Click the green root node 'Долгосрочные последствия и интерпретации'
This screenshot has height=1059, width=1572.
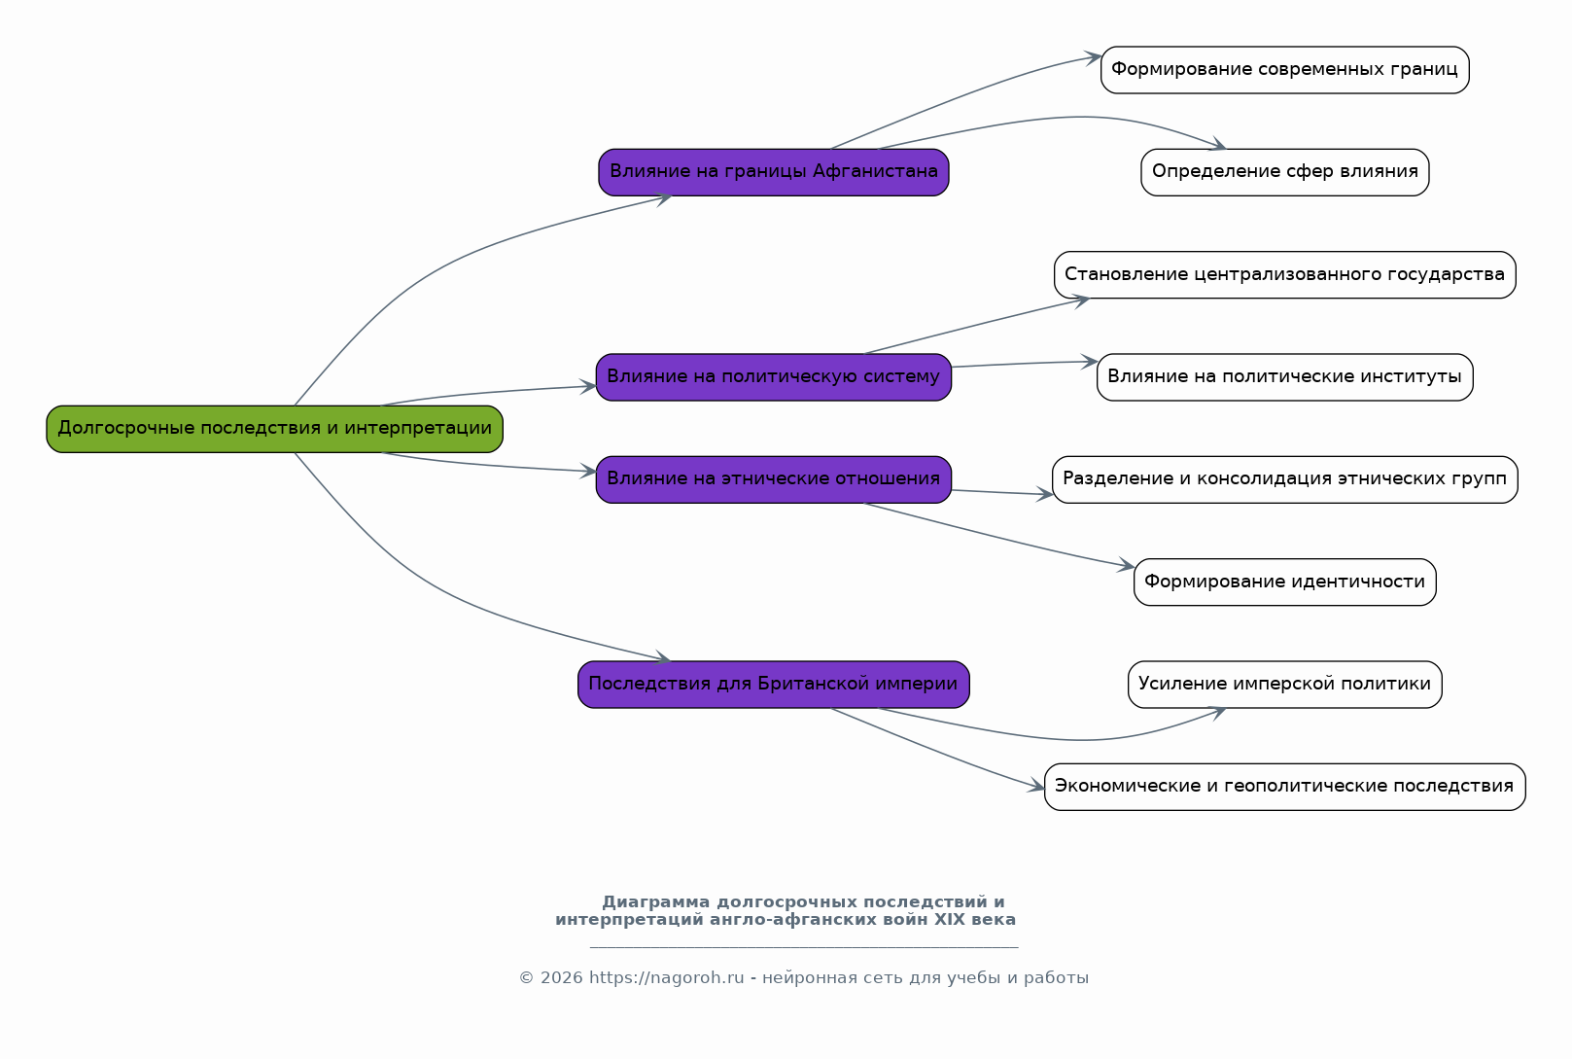(x=274, y=429)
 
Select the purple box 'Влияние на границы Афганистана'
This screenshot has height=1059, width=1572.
(x=774, y=172)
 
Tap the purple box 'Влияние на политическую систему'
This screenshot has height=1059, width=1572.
(x=774, y=377)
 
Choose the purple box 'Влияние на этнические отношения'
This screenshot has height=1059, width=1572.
(x=774, y=479)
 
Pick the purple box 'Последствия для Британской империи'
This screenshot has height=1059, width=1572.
(x=774, y=685)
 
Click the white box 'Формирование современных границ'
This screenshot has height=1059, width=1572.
(x=1284, y=69)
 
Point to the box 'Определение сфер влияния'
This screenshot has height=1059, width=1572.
(x=1284, y=172)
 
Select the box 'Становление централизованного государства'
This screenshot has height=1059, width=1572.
(x=1284, y=274)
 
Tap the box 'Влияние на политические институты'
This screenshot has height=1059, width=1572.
(x=1284, y=377)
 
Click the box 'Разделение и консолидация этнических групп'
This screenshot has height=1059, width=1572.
(x=1284, y=479)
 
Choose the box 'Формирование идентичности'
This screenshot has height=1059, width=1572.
(x=1284, y=582)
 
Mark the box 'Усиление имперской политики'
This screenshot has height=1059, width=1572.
(x=1284, y=685)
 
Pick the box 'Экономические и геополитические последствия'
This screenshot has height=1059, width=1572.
(x=1284, y=787)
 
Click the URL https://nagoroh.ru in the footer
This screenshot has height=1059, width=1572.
(x=666, y=977)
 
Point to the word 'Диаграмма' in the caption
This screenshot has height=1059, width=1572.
(x=655, y=901)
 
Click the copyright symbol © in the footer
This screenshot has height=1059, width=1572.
(x=526, y=977)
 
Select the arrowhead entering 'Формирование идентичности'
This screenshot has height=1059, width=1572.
(x=1127, y=565)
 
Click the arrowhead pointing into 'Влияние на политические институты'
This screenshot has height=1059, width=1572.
(x=1089, y=362)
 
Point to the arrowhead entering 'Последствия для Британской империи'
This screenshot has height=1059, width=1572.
(x=662, y=657)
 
